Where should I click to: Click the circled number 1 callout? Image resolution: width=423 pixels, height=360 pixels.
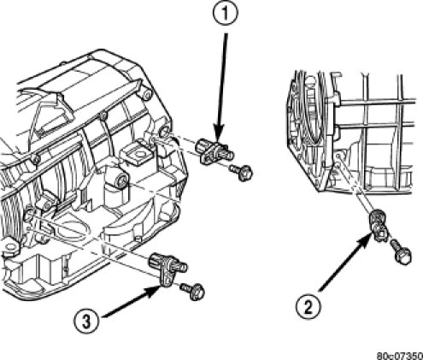pyautogui.click(x=225, y=14)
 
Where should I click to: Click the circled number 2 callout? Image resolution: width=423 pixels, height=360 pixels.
pyautogui.click(x=308, y=307)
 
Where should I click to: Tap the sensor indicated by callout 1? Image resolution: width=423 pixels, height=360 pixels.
pyautogui.click(x=214, y=150)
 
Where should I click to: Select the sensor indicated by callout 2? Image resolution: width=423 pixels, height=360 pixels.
pyautogui.click(x=378, y=225)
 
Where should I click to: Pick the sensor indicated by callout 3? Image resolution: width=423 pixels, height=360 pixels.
pyautogui.click(x=168, y=267)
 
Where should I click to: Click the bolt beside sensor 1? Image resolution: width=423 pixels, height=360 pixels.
pyautogui.click(x=242, y=173)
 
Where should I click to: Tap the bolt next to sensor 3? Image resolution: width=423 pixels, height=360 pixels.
pyautogui.click(x=193, y=292)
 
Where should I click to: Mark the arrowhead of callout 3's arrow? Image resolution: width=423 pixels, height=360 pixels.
pyautogui.click(x=153, y=291)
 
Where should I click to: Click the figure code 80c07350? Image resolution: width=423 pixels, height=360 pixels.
pyautogui.click(x=400, y=356)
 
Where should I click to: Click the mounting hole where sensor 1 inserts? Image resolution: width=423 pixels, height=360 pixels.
pyautogui.click(x=164, y=133)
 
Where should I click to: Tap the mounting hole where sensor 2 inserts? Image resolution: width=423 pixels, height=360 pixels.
pyautogui.click(x=338, y=156)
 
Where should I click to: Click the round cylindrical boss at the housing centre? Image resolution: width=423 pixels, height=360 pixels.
pyautogui.click(x=122, y=180)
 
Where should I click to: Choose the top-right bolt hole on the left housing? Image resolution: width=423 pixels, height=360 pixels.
pyautogui.click(x=146, y=95)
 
